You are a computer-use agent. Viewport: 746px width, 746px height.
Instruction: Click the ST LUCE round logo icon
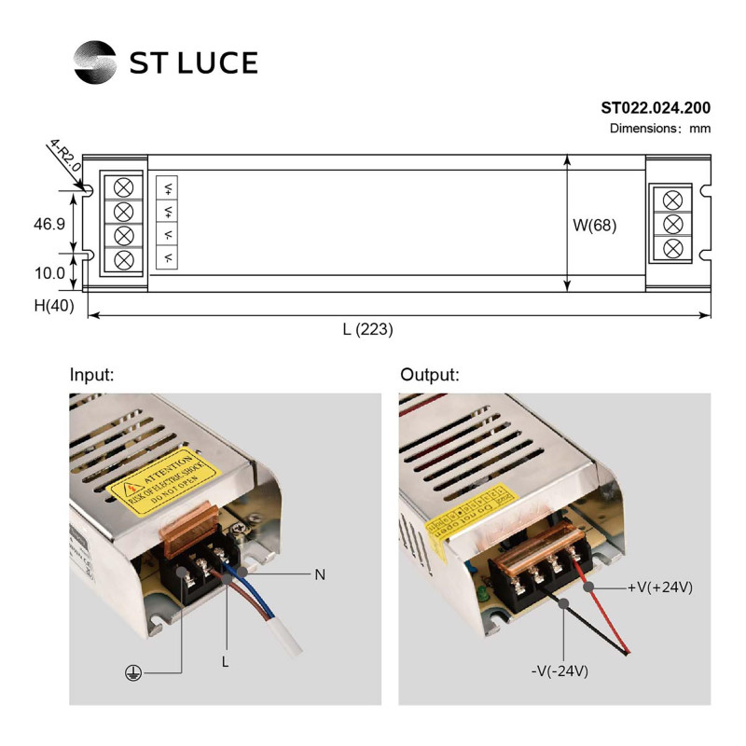click(x=95, y=62)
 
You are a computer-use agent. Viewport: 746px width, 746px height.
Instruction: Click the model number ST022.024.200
click(x=656, y=109)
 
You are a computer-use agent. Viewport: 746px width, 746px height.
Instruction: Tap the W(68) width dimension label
click(x=594, y=225)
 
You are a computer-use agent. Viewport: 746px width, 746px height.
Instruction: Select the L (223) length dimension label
click(x=368, y=329)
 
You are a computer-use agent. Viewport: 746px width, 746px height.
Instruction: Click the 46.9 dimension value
click(x=48, y=224)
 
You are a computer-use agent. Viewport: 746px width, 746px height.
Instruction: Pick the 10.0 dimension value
click(x=48, y=273)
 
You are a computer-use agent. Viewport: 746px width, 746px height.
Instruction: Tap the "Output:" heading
click(x=430, y=375)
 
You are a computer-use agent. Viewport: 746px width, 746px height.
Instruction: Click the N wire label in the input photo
click(x=320, y=574)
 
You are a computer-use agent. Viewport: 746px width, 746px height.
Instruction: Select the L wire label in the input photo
click(x=225, y=661)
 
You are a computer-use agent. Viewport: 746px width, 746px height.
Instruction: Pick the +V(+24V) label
click(x=660, y=587)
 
